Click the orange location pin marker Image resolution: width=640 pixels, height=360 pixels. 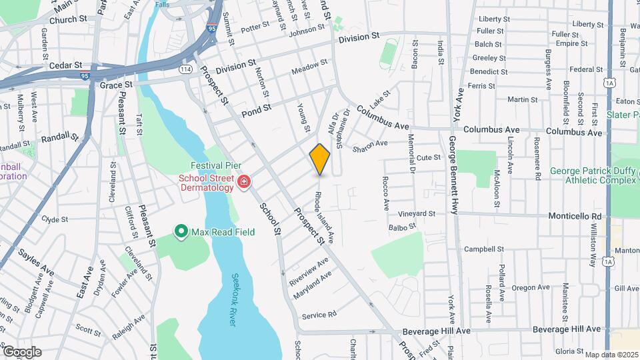tap(320, 159)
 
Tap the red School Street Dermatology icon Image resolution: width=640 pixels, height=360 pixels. tap(244, 181)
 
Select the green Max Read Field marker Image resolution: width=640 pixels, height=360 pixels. tap(181, 232)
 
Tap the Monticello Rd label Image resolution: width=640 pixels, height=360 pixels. tap(575, 217)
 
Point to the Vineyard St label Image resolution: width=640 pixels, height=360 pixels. tap(417, 214)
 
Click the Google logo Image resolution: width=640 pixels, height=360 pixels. tap(21, 351)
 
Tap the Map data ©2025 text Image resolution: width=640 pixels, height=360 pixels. tap(611, 355)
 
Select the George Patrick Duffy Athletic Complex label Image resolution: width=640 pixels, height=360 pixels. tap(591, 175)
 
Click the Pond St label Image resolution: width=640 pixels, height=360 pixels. tap(257, 107)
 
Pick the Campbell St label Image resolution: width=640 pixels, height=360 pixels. tap(484, 249)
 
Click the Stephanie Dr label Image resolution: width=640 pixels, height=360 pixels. tap(343, 132)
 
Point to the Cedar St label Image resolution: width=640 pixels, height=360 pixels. tap(65, 66)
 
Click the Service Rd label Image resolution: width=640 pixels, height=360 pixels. tap(319, 314)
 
